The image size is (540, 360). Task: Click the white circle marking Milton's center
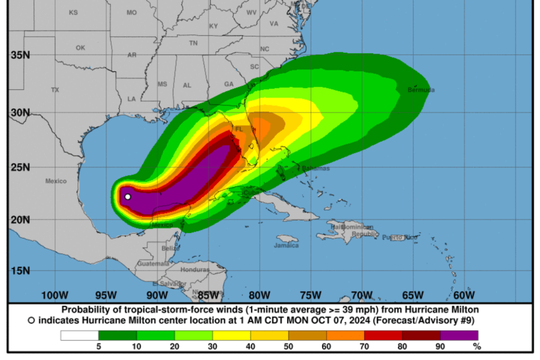[128, 197]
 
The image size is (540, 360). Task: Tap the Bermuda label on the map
[421, 90]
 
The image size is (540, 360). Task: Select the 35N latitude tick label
[20, 55]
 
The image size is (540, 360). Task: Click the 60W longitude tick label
[464, 295]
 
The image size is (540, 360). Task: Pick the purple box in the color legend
[459, 336]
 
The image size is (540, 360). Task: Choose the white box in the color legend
[79, 336]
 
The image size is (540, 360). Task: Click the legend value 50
[288, 346]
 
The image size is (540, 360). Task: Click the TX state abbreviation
[55, 90]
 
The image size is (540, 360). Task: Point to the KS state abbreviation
[73, 13]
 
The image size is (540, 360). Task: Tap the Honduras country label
[195, 270]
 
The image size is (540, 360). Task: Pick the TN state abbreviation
[193, 43]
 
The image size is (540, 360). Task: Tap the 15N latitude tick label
[20, 270]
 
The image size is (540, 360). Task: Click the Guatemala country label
[153, 264]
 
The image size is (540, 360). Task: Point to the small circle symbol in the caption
[31, 320]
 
